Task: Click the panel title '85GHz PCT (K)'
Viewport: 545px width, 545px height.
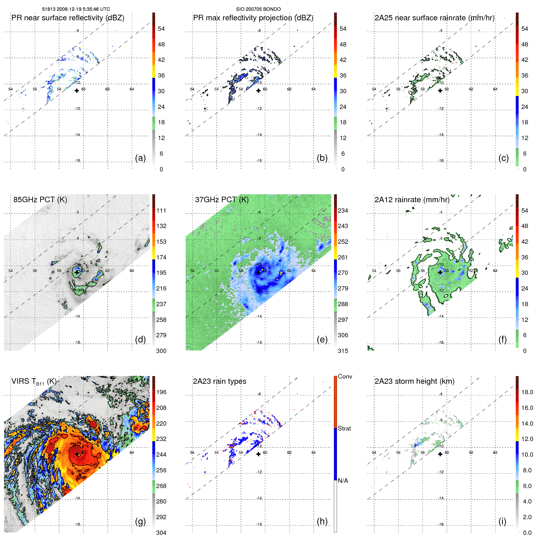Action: coord(40,200)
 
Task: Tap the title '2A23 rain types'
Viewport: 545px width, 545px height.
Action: coord(219,381)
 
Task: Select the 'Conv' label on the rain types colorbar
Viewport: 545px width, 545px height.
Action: coord(345,376)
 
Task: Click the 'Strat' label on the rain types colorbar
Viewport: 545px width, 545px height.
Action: coord(344,428)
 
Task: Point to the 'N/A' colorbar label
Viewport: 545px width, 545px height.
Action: coord(343,481)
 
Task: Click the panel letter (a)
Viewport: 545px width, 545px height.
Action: coord(140,158)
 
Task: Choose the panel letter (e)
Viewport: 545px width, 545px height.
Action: coord(322,340)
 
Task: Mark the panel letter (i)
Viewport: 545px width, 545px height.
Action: coord(502,522)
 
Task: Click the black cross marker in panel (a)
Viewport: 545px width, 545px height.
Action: coord(77,90)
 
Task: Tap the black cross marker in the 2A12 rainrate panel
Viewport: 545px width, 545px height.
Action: coord(440,272)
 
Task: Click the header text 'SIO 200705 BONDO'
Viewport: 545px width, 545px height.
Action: coord(258,9)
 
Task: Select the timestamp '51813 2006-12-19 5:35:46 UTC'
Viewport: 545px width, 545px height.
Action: coord(76,9)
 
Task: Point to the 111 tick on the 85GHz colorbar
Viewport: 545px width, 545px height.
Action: coord(161,210)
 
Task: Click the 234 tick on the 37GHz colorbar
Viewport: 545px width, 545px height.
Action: coord(343,210)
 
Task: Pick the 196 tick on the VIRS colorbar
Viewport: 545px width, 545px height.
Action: coord(161,392)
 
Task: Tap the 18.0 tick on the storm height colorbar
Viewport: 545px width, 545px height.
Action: coord(527,392)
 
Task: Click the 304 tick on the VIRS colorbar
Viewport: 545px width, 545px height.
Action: coord(161,533)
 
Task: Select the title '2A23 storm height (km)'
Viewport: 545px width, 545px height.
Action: coord(414,381)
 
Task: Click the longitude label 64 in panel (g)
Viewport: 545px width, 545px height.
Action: coord(132,452)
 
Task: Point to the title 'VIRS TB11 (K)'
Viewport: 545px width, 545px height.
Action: coord(34,382)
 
